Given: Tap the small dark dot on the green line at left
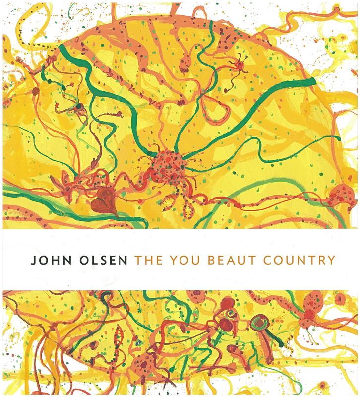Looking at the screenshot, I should (78, 106).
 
